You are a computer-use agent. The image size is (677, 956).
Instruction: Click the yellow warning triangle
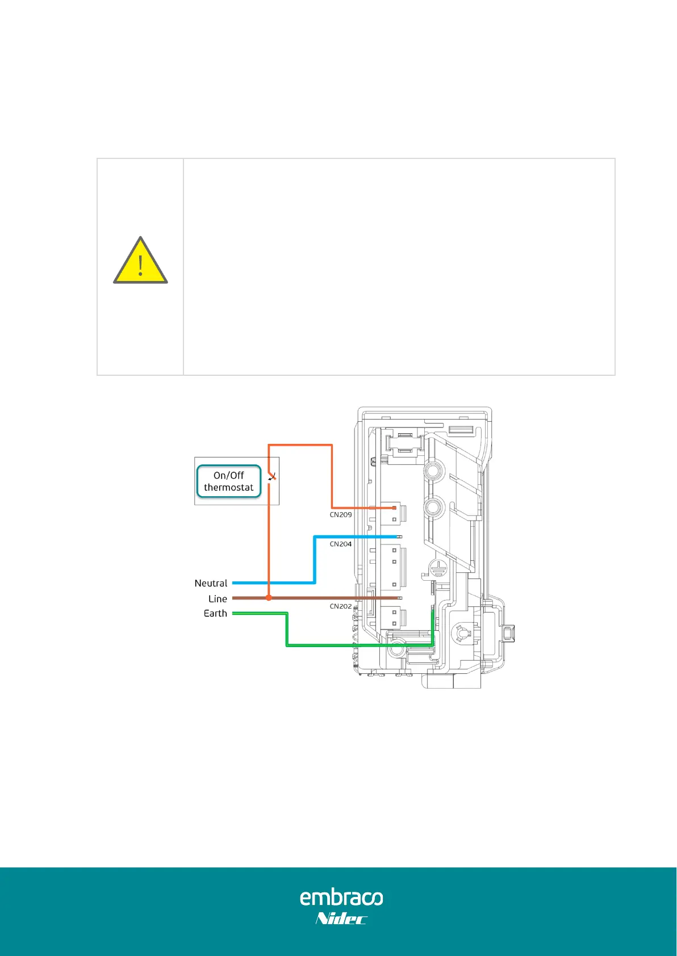pos(140,262)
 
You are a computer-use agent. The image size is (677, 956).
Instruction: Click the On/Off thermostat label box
pos(229,481)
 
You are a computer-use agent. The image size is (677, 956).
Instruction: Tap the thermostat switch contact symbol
pos(272,477)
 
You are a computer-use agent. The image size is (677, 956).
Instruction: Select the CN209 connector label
pos(341,515)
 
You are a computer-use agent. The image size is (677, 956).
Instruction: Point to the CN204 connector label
pos(341,544)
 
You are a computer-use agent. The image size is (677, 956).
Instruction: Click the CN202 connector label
pos(341,606)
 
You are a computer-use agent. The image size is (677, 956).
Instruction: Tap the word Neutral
pos(211,583)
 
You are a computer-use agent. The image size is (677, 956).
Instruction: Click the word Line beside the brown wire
pos(218,599)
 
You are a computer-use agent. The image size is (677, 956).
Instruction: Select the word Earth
pos(215,614)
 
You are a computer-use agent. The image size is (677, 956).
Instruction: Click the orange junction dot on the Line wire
pos(269,598)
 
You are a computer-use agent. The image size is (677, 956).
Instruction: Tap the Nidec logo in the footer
pos(341,919)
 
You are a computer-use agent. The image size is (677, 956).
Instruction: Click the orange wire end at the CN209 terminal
pos(394,508)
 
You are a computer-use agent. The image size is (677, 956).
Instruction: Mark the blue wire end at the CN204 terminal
pos(399,536)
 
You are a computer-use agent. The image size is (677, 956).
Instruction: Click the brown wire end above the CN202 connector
pos(399,598)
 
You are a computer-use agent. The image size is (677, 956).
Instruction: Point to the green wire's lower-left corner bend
pos(287,645)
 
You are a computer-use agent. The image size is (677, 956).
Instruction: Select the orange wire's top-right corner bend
pos(332,445)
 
